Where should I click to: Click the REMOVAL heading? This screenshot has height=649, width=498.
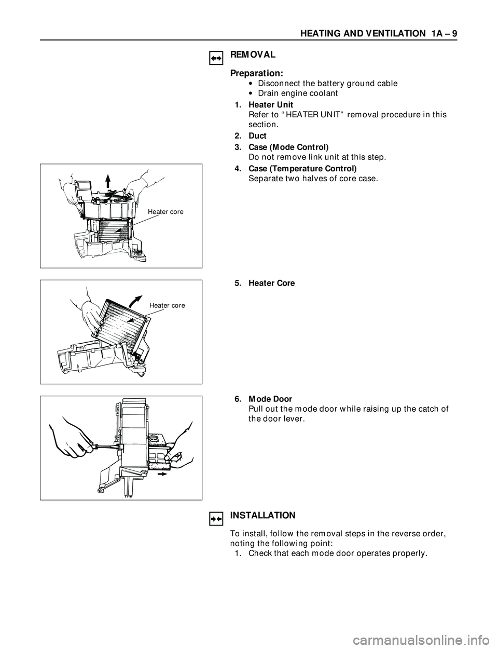[253, 55]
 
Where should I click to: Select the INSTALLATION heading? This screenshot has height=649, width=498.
[262, 516]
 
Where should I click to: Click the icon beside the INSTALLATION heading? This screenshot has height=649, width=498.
[216, 518]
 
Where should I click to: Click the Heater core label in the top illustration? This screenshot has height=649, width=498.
[165, 212]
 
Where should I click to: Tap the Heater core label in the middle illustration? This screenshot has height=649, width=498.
[167, 305]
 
